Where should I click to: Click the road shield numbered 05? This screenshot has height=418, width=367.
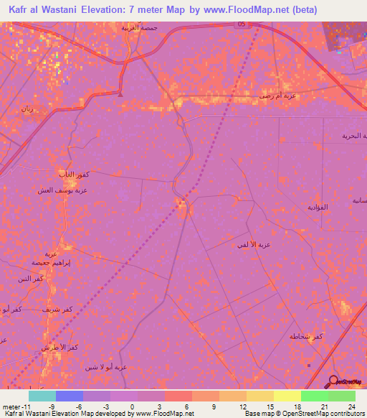click(242, 24)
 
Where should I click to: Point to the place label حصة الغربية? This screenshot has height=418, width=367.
click(139, 27)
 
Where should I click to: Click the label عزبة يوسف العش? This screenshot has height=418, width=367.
click(63, 190)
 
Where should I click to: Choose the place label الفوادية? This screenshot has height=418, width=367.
click(317, 207)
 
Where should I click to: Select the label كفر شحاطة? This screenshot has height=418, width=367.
click(304, 336)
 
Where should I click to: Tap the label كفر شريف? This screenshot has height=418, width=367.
click(57, 309)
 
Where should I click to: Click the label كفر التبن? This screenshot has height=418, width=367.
click(32, 278)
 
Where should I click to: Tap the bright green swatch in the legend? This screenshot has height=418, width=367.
click(314, 396)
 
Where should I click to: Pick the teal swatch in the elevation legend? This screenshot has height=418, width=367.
click(42, 396)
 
